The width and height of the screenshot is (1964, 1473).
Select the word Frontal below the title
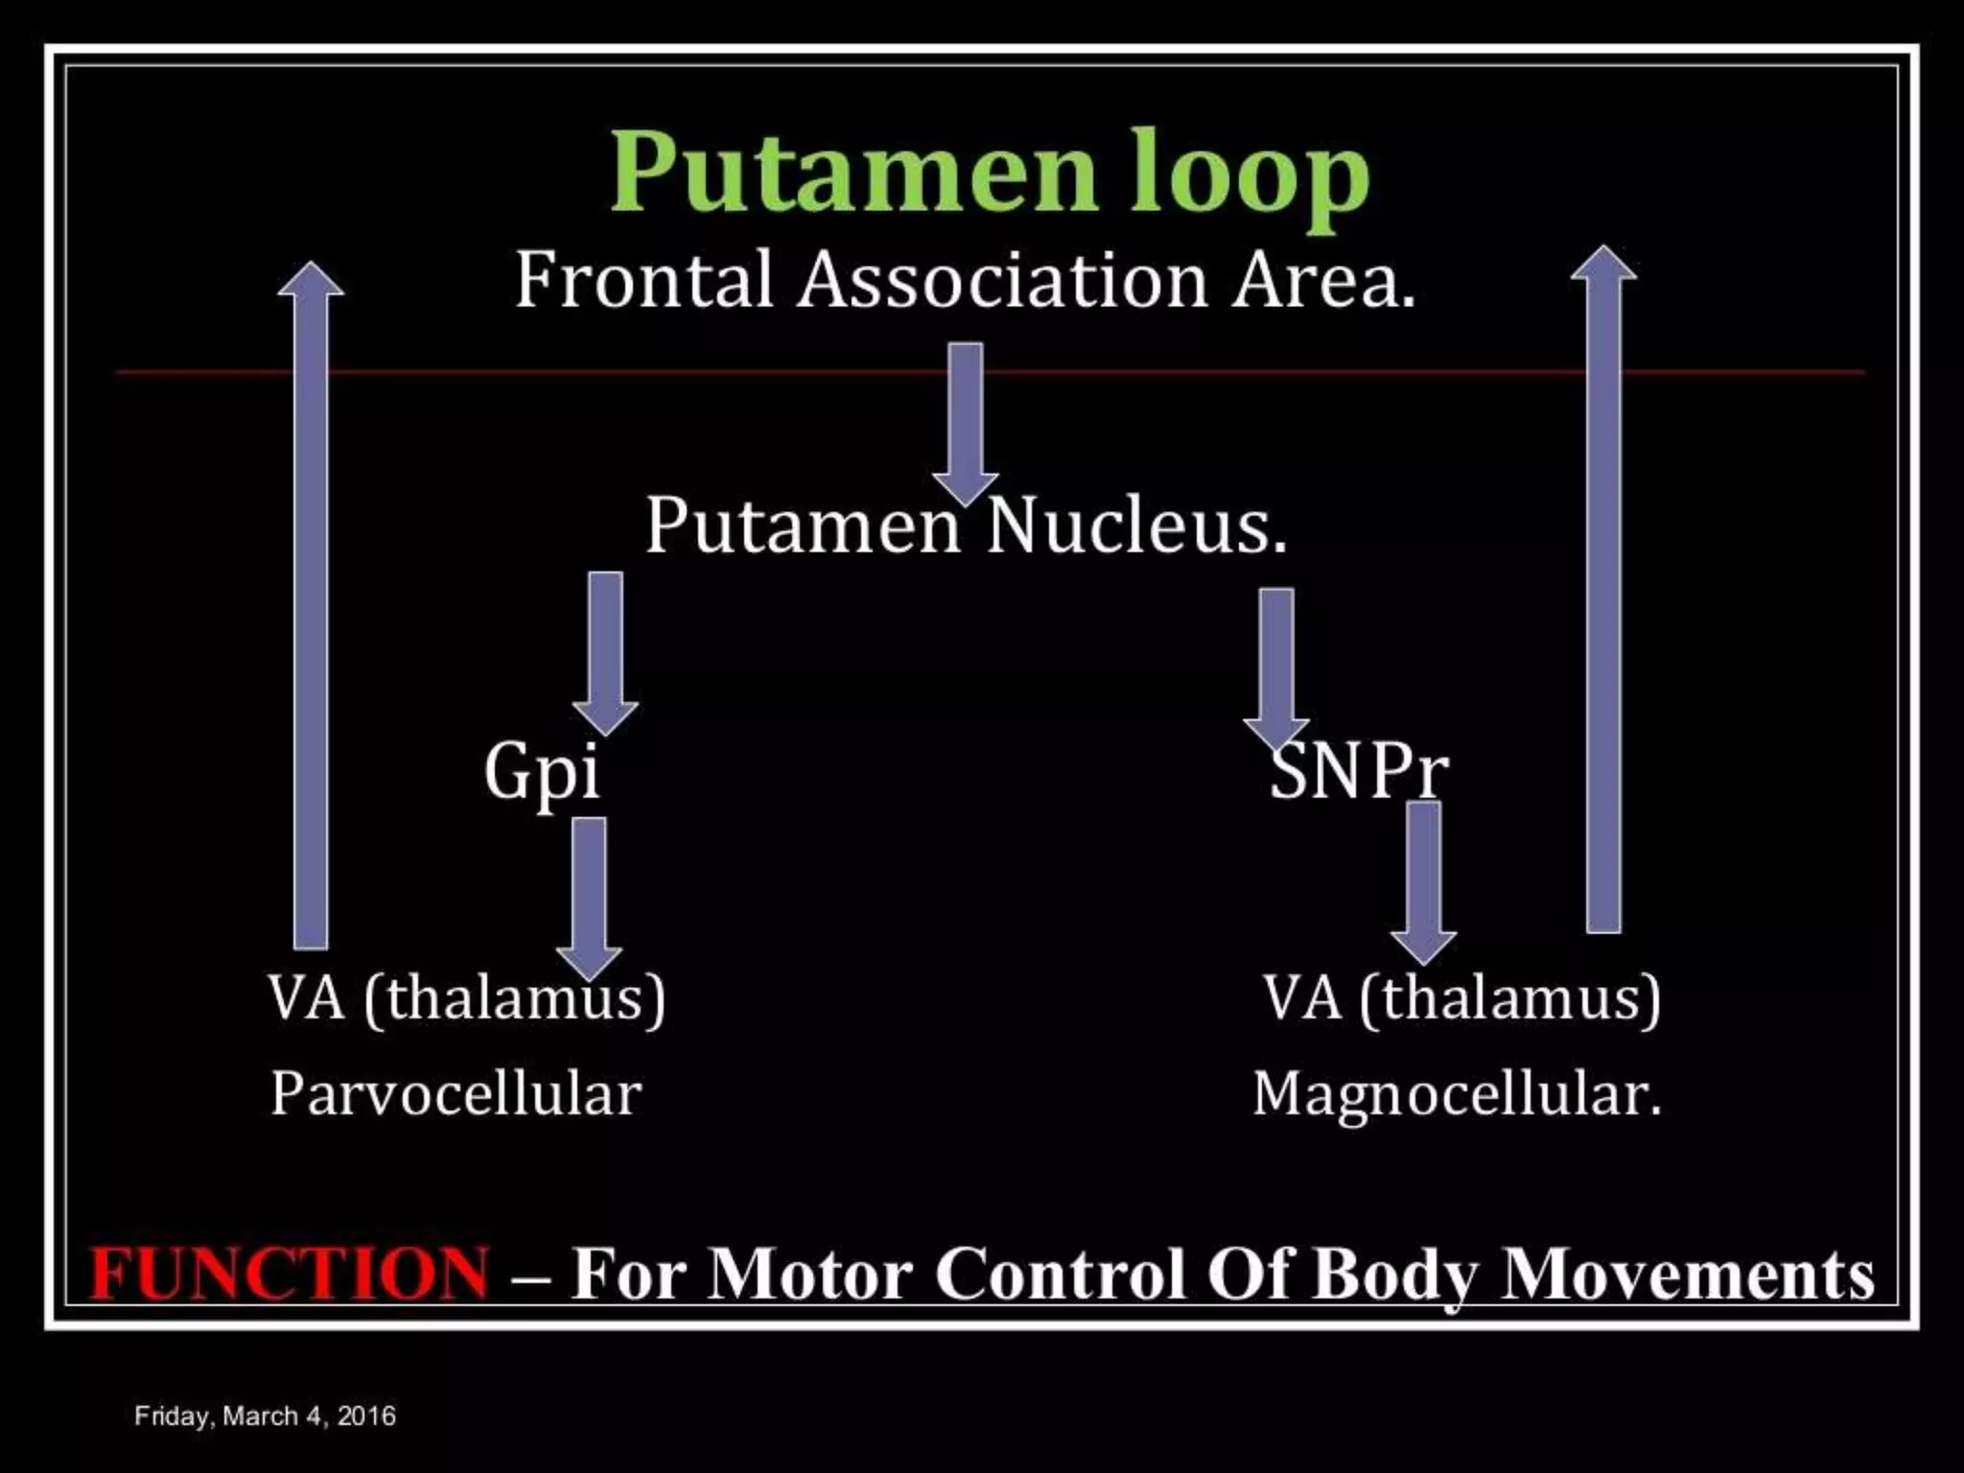tap(643, 280)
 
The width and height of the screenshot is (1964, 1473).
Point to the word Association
tap(1002, 280)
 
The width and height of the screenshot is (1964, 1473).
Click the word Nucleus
tap(1136, 526)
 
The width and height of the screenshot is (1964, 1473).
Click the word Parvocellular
tap(456, 1094)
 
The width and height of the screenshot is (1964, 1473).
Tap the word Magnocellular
tap(1457, 1094)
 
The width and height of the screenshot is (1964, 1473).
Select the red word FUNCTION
tap(289, 1274)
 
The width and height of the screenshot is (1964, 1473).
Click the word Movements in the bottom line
tap(1688, 1274)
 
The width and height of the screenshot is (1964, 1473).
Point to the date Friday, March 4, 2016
tap(265, 1416)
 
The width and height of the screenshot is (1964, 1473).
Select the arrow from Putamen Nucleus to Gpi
tap(605, 652)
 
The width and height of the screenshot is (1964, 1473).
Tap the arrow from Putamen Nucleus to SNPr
tap(1276, 666)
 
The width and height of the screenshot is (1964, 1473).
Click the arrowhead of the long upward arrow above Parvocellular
tap(311, 280)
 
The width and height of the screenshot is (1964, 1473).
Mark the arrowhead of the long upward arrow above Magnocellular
tap(1603, 264)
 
